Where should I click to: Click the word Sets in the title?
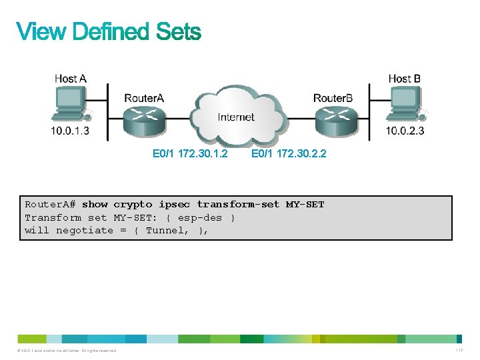click(178, 32)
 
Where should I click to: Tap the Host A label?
click(70, 79)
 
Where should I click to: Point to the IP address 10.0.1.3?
click(70, 131)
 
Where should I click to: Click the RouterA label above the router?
click(144, 98)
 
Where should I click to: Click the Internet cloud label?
click(236, 117)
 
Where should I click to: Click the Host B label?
click(405, 79)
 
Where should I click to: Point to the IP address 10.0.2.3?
click(405, 131)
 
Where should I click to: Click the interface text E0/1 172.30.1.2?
click(190, 154)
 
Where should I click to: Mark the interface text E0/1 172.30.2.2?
click(289, 154)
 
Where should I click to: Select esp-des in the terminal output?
click(199, 217)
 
